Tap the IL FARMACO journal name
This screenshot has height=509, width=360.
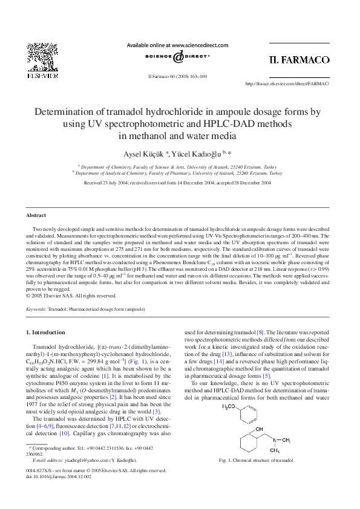coord(298,60)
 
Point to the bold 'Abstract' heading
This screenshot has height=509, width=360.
coord(36,215)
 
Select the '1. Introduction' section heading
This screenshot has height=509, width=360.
coord(46,332)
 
